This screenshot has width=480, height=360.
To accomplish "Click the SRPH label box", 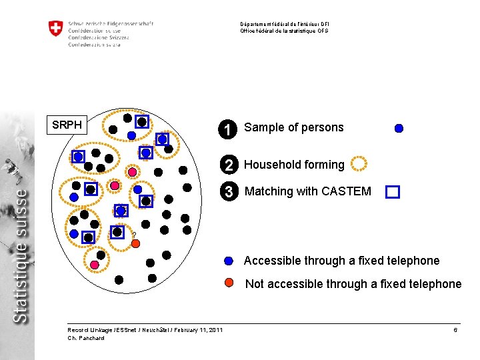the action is pos(67,125).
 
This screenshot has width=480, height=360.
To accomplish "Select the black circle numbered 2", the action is pos(228,165).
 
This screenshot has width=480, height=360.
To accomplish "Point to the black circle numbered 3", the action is pos(228,192).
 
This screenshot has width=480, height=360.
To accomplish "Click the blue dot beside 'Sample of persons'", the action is pos(399,129).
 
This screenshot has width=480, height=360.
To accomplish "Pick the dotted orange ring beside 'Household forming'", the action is pos(359,163).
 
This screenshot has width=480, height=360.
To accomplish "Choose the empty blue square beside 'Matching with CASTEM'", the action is pos(392,192).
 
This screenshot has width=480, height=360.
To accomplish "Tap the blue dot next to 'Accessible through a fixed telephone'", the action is pos(229,261).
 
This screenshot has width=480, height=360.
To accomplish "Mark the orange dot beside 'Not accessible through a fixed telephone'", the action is pos(229,283).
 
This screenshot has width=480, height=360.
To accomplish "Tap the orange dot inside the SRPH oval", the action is pos(135,244).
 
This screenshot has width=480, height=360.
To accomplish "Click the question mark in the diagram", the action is pos(133,234).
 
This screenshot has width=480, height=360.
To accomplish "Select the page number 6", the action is pos(455,330).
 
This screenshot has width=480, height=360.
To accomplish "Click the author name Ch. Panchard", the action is pos(86,338).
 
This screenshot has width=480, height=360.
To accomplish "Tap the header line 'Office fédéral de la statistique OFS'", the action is pos(284,31).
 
